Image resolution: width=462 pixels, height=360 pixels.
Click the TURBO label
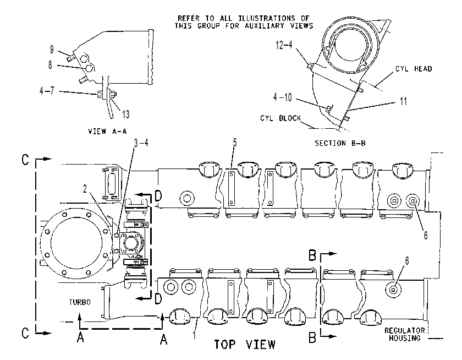pos(80,302)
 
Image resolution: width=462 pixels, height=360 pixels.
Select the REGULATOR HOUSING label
pos(405,334)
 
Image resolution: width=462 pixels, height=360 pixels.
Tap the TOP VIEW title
pos(245,345)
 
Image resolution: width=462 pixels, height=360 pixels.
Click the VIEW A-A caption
pos(108,131)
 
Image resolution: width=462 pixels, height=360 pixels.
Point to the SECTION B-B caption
pos(340,143)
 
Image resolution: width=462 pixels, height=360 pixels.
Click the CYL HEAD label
pos(414,69)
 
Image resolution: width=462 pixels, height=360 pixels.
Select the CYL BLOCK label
pos(280,118)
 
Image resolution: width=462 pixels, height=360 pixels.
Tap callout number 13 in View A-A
pos(126,114)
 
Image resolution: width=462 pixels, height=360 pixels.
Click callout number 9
pos(52,50)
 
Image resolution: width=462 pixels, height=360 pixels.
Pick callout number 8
pos(51,64)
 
